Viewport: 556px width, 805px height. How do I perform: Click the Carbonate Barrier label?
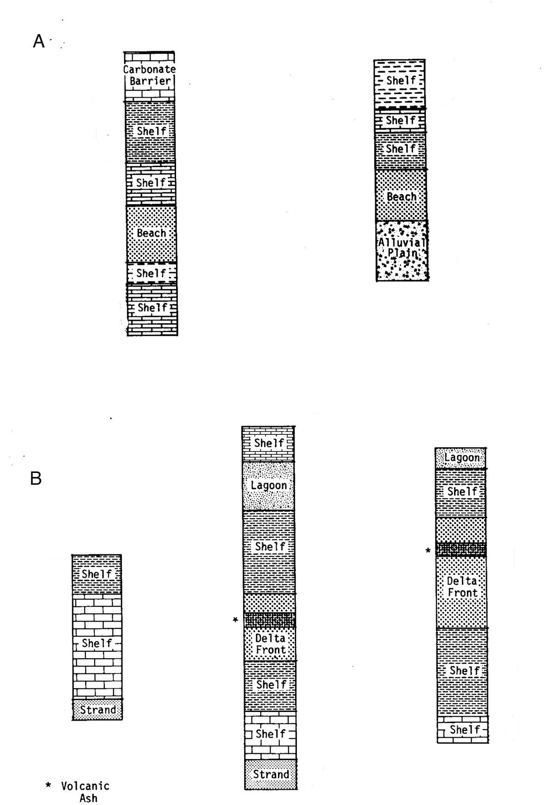click(150, 75)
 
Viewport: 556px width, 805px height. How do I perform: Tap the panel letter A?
click(39, 42)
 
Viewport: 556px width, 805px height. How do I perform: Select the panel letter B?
click(36, 478)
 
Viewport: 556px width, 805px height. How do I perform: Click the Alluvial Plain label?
click(402, 248)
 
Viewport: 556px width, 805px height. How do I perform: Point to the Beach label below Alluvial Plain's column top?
click(402, 197)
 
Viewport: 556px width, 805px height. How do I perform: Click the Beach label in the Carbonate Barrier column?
click(152, 233)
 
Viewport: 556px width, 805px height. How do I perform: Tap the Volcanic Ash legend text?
click(86, 792)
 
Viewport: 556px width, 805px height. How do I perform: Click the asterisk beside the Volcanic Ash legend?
click(48, 786)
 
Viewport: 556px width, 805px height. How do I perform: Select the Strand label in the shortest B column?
click(98, 710)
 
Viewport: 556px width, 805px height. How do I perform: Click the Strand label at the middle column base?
click(271, 774)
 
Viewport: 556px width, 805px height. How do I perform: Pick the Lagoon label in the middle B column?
click(269, 485)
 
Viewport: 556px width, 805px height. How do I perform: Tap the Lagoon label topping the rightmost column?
click(462, 458)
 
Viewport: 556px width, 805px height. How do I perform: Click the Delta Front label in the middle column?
click(271, 644)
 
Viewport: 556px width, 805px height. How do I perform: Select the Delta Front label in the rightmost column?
click(462, 587)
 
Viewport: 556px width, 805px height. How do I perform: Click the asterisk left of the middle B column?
click(235, 620)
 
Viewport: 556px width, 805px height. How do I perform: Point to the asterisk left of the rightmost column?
click(428, 550)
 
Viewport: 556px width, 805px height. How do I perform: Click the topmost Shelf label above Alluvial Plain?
click(401, 81)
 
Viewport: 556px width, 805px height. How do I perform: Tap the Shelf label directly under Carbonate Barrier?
click(152, 131)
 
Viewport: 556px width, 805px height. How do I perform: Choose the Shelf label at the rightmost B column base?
click(465, 730)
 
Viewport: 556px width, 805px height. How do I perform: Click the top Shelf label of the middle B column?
click(269, 443)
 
